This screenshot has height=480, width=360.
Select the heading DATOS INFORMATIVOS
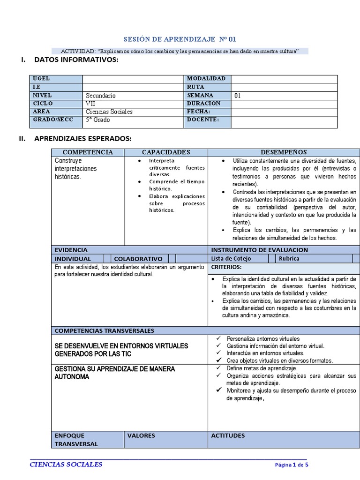pos(76,60)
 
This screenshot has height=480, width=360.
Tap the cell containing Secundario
pos(101,96)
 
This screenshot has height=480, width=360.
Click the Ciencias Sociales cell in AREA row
pos(109,112)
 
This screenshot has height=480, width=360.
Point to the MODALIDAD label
pos(206,79)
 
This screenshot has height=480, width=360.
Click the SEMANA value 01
pos(238,96)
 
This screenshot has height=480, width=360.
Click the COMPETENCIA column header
pos(88,152)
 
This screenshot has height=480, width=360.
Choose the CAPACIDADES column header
pos(166,152)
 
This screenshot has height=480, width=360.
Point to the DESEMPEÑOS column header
pos(284,152)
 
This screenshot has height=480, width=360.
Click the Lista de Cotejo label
pos(231,258)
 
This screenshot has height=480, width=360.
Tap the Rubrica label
pos(289,258)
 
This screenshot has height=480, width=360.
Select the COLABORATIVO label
pos(138,259)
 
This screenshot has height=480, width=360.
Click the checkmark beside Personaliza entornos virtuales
pos(218,338)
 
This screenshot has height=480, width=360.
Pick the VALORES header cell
pos(141,435)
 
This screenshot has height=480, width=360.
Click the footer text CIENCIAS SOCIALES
pos(66,465)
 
